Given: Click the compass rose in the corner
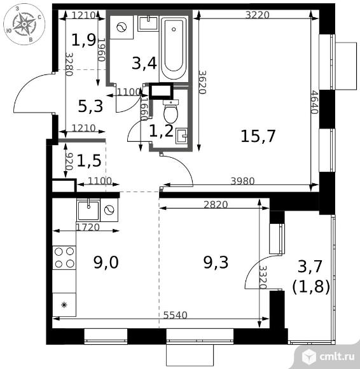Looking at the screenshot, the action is [x=24, y=24].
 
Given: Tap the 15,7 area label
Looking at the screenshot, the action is [x=258, y=136].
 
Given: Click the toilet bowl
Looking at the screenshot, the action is [x=170, y=111].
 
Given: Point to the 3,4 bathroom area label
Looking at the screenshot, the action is [x=144, y=63].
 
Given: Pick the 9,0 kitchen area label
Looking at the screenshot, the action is [x=106, y=262].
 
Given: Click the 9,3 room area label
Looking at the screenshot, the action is [x=216, y=262].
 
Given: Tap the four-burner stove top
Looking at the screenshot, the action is [x=64, y=258].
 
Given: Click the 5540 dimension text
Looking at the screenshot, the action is [x=176, y=315].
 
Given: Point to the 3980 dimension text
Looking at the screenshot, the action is [x=242, y=181].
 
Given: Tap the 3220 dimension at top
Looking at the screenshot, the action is [x=257, y=15].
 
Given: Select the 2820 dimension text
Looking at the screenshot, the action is [x=216, y=205].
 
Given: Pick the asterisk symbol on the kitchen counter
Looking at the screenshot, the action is [x=64, y=305].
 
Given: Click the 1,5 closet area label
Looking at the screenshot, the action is [x=89, y=161].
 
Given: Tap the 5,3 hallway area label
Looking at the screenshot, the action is [x=90, y=106].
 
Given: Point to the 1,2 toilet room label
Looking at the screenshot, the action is [x=162, y=131].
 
